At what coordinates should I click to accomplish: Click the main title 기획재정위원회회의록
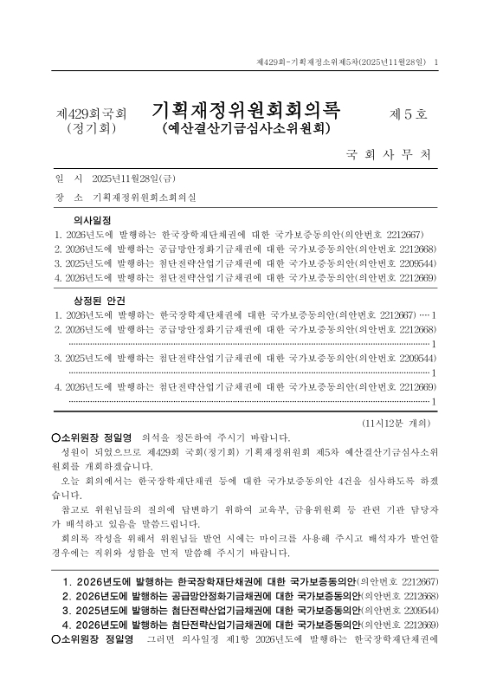(247, 110)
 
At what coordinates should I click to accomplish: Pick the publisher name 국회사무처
(387, 157)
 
